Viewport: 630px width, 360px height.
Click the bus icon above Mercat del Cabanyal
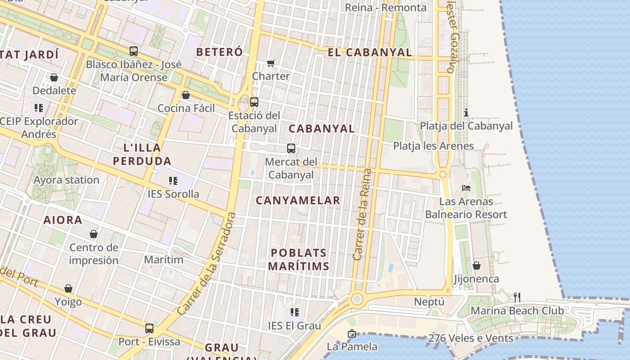click(291, 148)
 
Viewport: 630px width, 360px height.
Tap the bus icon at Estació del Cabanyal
click(254, 102)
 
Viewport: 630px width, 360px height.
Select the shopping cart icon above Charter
click(270, 63)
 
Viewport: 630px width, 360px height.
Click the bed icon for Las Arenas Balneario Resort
click(466, 188)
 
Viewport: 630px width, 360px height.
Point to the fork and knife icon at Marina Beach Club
click(517, 297)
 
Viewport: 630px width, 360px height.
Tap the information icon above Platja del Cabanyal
click(466, 112)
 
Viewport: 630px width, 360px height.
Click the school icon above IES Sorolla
click(173, 181)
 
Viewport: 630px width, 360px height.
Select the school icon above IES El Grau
click(295, 312)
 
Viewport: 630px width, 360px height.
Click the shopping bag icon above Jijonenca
click(476, 265)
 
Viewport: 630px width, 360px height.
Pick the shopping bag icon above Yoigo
click(68, 288)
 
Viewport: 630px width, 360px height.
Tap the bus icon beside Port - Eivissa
click(149, 328)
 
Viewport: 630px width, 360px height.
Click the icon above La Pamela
click(351, 333)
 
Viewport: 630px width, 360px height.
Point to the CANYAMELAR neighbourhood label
click(298, 201)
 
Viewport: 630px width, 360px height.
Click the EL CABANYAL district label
click(370, 53)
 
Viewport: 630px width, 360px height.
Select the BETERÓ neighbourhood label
click(220, 52)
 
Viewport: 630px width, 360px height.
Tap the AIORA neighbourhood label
click(63, 220)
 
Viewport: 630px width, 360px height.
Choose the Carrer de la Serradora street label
click(207, 264)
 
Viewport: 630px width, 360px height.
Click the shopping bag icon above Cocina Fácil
click(185, 95)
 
